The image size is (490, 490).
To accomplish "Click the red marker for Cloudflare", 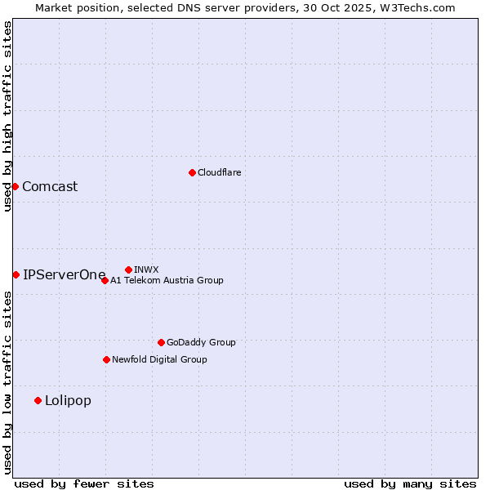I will coord(192,172).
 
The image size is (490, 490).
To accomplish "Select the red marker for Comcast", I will coord(15,186).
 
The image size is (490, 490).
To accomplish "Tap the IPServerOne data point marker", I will coord(16,274).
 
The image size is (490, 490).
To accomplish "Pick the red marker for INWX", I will coord(128,269).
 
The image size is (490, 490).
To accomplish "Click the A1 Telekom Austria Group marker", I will coord(105,280).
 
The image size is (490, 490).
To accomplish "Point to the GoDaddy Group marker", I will coord(161,342).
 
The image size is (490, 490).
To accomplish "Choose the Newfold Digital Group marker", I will coord(106,359).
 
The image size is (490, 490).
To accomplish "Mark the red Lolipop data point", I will coord(38,400).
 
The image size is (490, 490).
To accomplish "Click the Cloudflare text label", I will coord(219,172).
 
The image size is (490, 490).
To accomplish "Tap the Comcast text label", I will coord(50,186).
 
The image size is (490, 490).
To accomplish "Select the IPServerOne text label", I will coord(65,274).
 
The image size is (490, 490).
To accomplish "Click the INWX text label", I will coord(146,269).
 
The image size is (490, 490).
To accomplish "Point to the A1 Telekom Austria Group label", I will coord(167,280).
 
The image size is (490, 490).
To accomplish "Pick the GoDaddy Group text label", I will coord(201,342).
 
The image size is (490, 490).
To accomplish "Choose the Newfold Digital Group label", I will coord(159,359).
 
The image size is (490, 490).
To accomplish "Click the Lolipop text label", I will coord(68,400).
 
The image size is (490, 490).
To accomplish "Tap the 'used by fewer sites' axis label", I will coord(84,483).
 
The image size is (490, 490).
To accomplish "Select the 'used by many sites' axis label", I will coord(410,483).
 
